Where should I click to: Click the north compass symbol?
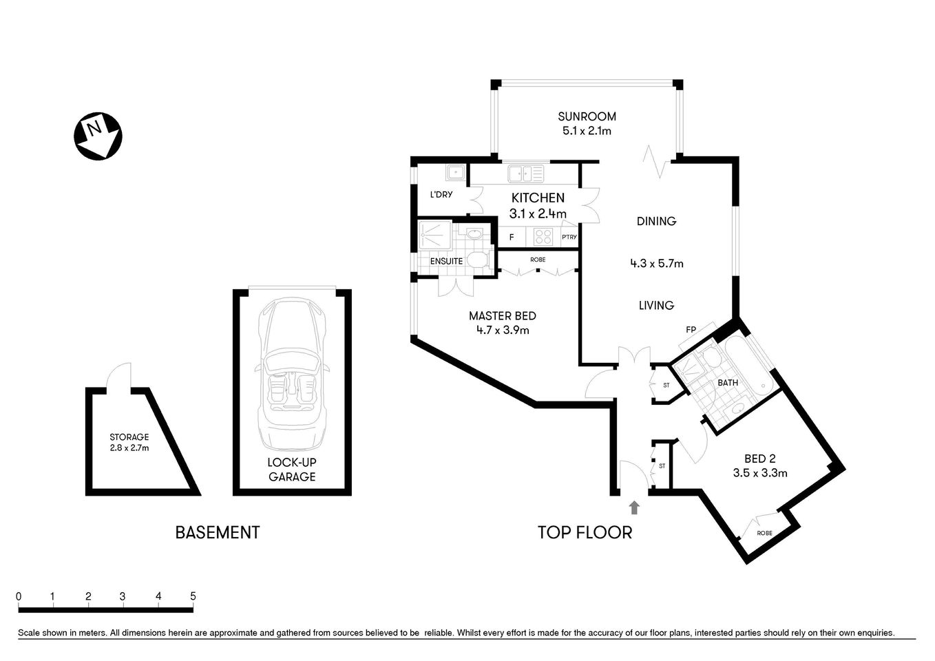[x=98, y=136]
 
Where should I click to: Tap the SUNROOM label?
[x=587, y=116]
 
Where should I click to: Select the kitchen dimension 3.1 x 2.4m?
[x=538, y=214]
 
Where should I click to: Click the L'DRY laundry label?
[x=441, y=195]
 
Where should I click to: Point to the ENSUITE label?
[x=446, y=262]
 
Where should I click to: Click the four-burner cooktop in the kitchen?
[x=543, y=237]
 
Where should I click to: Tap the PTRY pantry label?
[x=569, y=238]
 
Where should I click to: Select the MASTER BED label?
[x=502, y=316]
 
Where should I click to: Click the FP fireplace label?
[x=691, y=330]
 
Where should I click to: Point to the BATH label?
[x=728, y=383]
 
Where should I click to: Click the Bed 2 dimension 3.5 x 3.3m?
[x=760, y=473]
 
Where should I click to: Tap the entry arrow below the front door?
[x=634, y=508]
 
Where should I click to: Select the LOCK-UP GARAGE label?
[x=292, y=470]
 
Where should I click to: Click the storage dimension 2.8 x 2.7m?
[x=129, y=448]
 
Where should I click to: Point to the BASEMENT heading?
[x=218, y=532]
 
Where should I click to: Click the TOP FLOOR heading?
[x=585, y=532]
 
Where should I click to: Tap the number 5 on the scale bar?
[x=193, y=596]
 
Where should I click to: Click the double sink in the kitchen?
[x=526, y=173]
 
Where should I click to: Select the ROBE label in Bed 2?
[x=764, y=533]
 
